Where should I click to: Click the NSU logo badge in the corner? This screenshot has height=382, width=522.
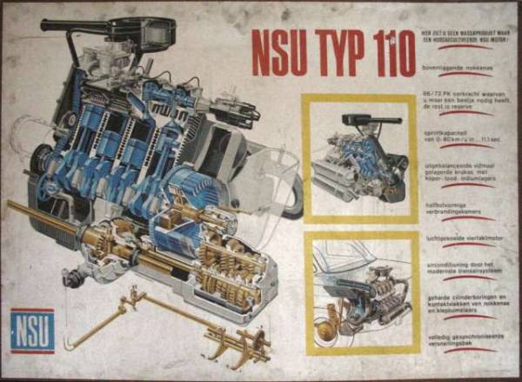pos(32,331)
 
